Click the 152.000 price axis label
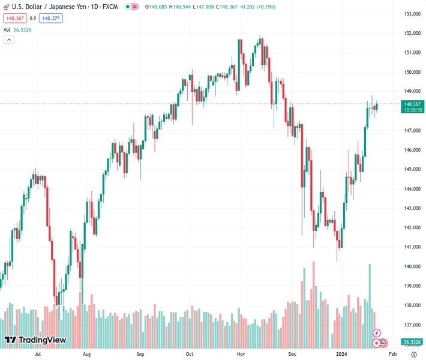coord(412,33)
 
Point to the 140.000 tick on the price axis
coord(412,266)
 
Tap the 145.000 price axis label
coord(412,169)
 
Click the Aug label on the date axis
coord(86,355)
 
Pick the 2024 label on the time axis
coord(343,355)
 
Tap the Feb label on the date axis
coord(385,355)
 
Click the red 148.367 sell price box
coord(14,18)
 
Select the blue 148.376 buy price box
coord(51,18)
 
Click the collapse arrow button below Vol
coord(8,40)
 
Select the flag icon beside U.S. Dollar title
coord(7,7)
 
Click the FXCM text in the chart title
coord(109,7)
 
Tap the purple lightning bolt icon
coord(377,332)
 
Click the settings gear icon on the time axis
coord(413,355)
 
